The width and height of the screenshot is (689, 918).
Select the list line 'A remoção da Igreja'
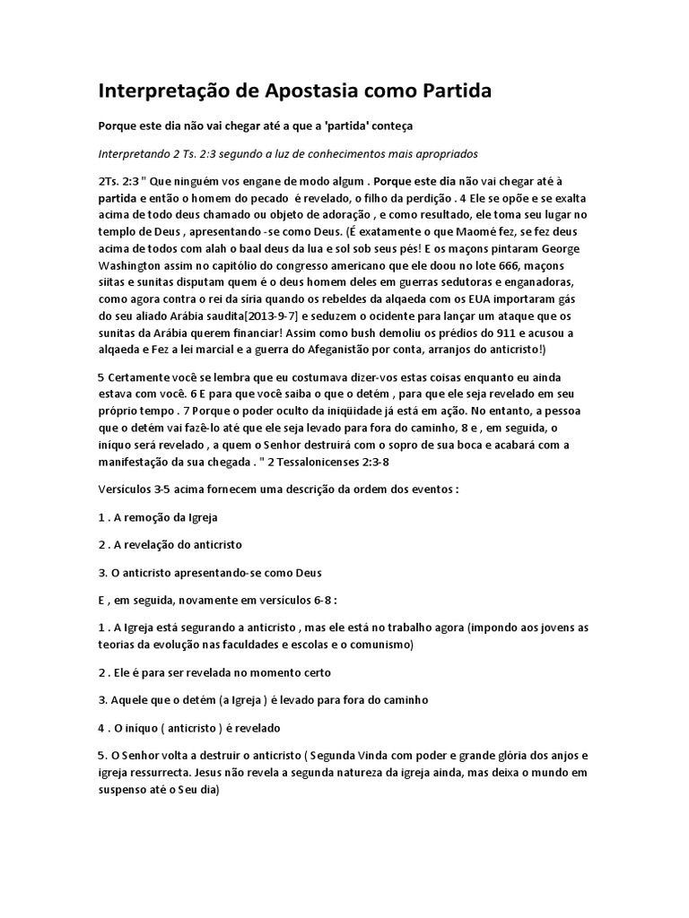(x=158, y=518)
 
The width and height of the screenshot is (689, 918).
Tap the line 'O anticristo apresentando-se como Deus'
(x=208, y=573)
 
